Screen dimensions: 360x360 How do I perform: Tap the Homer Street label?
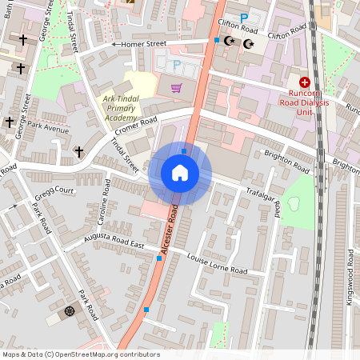point(145,44)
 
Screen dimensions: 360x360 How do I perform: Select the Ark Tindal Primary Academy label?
point(130,109)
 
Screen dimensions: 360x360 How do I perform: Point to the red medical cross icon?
point(305,82)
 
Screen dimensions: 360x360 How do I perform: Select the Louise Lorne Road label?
point(217,263)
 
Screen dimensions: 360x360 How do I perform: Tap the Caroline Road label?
point(103,202)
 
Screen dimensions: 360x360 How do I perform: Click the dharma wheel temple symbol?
point(69,310)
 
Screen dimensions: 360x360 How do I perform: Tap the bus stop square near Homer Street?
point(215,40)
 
